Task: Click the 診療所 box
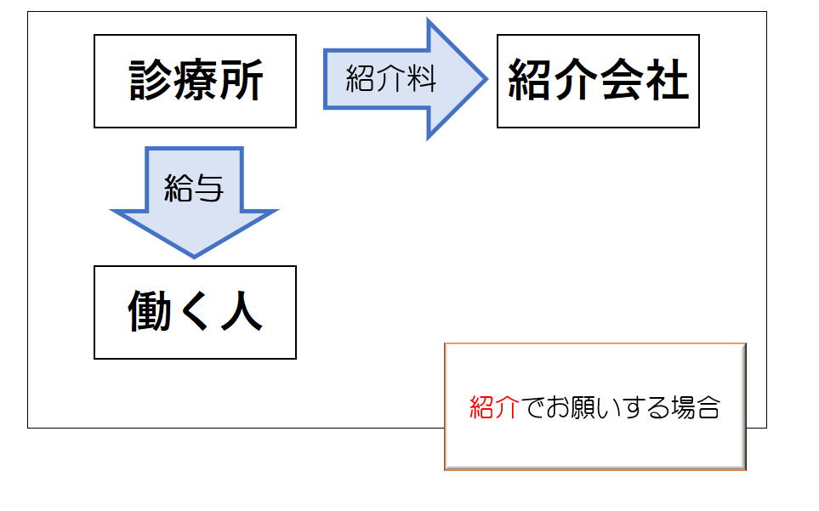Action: tap(195, 81)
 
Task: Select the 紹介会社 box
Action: tap(598, 81)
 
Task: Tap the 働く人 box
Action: tap(195, 312)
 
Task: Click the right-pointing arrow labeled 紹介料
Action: tap(406, 79)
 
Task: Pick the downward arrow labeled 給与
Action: tap(194, 202)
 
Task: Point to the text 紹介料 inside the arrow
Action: tap(390, 79)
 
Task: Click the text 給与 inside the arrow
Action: tap(193, 187)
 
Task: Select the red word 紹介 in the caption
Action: tap(494, 407)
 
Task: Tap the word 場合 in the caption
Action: tap(696, 407)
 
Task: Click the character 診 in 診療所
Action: tap(151, 79)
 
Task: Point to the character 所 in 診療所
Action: tap(242, 79)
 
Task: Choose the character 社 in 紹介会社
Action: tap(667, 79)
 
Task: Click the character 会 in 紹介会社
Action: tap(621, 79)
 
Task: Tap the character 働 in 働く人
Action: tap(150, 310)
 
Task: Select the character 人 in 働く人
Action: tap(242, 310)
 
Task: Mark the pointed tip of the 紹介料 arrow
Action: tap(487, 79)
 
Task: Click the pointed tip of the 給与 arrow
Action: tap(194, 258)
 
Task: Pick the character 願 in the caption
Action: tap(582, 407)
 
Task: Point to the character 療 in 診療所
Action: tap(196, 79)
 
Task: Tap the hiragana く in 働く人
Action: tap(195, 311)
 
